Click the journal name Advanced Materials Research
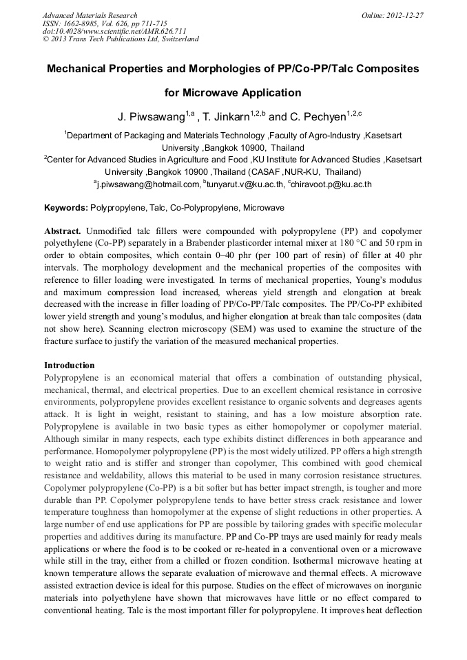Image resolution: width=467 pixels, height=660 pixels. click(90, 15)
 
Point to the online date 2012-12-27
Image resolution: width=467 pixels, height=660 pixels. click(406, 15)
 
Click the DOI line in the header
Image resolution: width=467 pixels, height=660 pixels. click(104, 31)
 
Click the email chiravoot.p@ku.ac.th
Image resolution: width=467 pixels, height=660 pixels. click(332, 184)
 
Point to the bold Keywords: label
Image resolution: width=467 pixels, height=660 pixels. click(66, 207)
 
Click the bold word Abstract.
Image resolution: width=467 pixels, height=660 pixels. click(63, 231)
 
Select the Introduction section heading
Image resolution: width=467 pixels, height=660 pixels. click(70, 365)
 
